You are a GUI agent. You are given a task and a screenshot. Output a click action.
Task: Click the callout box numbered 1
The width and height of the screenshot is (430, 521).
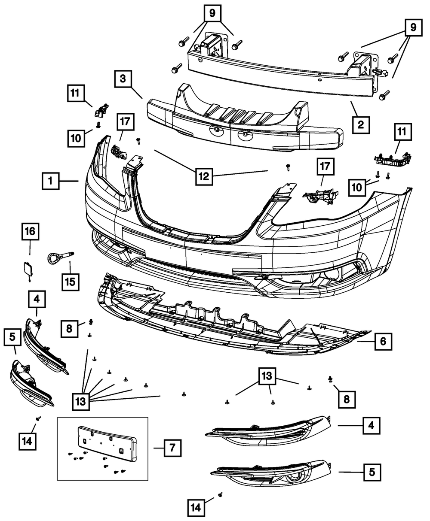click(50, 181)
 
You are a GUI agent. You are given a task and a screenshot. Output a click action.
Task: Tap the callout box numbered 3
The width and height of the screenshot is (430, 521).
click(123, 79)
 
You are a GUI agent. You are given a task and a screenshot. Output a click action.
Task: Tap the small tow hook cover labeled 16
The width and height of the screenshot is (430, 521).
click(28, 269)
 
